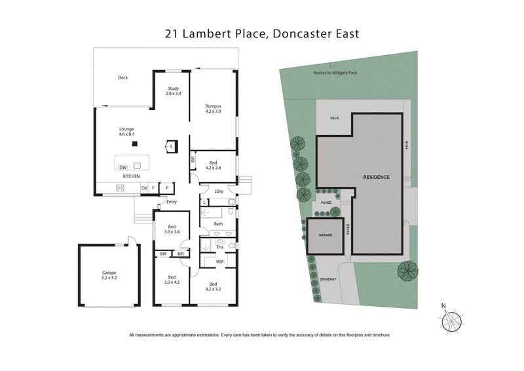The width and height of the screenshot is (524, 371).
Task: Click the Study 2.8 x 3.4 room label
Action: coord(174,91)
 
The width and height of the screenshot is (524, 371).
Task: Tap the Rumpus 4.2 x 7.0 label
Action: coord(213,109)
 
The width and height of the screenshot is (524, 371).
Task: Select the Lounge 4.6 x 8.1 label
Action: coord(126,131)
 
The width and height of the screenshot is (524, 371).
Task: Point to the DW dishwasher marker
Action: coord(122,167)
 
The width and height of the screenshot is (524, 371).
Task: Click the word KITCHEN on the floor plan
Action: coord(131,177)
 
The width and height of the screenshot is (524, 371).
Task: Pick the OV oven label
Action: coord(144,188)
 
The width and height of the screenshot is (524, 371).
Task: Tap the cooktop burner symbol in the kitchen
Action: coord(121,188)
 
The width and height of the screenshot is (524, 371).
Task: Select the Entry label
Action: coord(172,201)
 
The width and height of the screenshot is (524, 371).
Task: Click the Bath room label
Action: coord(218,224)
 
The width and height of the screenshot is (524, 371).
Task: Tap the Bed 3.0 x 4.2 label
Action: coord(172,280)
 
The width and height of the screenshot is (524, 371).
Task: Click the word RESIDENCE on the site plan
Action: coord(377,177)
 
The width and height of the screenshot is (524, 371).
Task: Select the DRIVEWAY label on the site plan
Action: coord(328,280)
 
